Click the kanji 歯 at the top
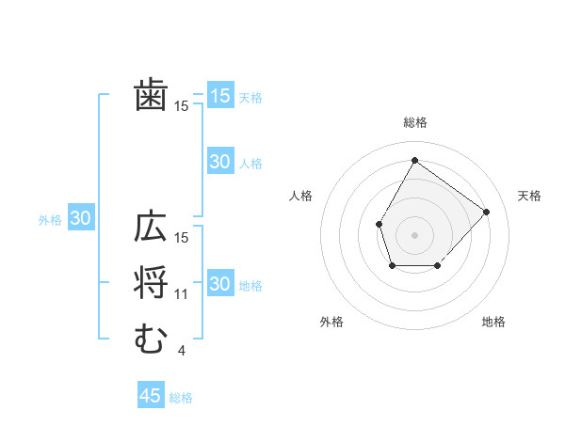(151, 96)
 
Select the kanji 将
(151, 283)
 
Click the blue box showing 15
(219, 95)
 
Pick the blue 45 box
(151, 396)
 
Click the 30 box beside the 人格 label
(219, 162)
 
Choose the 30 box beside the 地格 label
(219, 283)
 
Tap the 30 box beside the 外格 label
(81, 218)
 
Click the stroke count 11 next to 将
(182, 294)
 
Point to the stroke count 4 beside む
(181, 351)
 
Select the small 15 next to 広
(182, 238)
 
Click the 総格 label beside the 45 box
(181, 398)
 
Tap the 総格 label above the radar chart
(414, 122)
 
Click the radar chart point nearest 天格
(486, 212)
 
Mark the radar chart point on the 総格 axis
(414, 160)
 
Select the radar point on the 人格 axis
(379, 224)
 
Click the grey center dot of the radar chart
(414, 233)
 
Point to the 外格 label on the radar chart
(331, 322)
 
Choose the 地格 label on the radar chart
(493, 322)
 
